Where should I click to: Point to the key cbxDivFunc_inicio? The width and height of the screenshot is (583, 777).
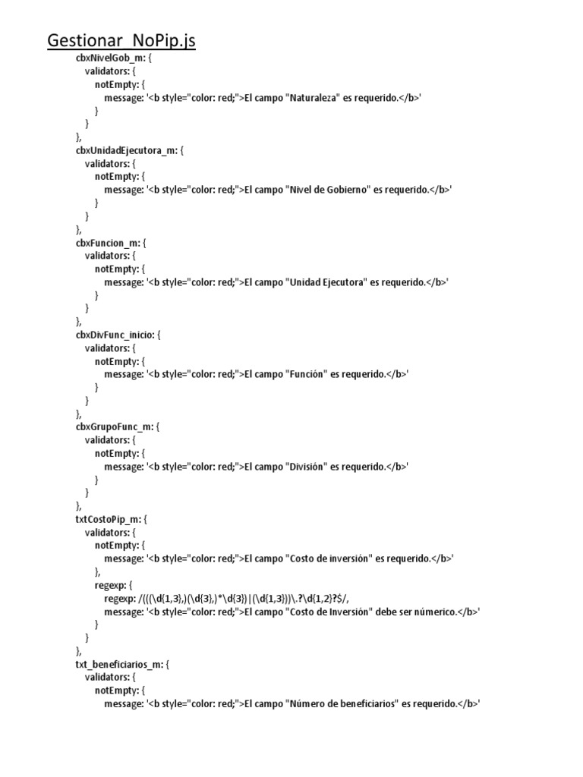click(115, 335)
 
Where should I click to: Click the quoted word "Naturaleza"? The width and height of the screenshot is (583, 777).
click(313, 98)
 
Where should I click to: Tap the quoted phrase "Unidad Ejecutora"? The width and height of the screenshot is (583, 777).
click(326, 282)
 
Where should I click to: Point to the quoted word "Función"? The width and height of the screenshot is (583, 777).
click(307, 374)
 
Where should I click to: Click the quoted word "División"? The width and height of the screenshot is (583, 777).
click(307, 466)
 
